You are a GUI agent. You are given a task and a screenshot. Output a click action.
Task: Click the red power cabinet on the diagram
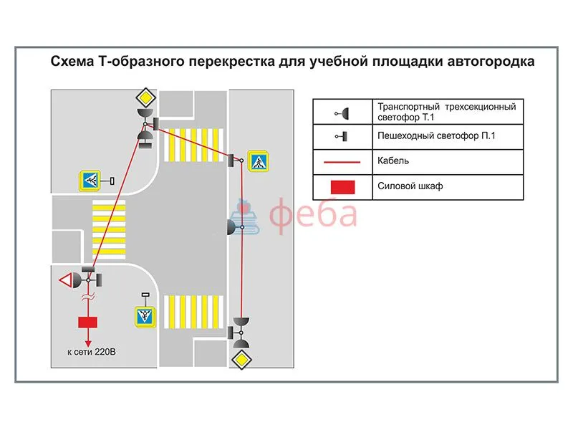pyautogui.click(x=87, y=321)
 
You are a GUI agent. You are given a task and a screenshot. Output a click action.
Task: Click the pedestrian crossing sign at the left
pyautogui.click(x=91, y=181)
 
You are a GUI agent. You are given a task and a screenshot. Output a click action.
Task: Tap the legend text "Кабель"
pyautogui.click(x=393, y=161)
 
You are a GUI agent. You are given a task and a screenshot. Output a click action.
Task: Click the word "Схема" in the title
pyautogui.click(x=70, y=62)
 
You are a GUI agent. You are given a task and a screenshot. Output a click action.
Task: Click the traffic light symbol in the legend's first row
pyautogui.click(x=344, y=113)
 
